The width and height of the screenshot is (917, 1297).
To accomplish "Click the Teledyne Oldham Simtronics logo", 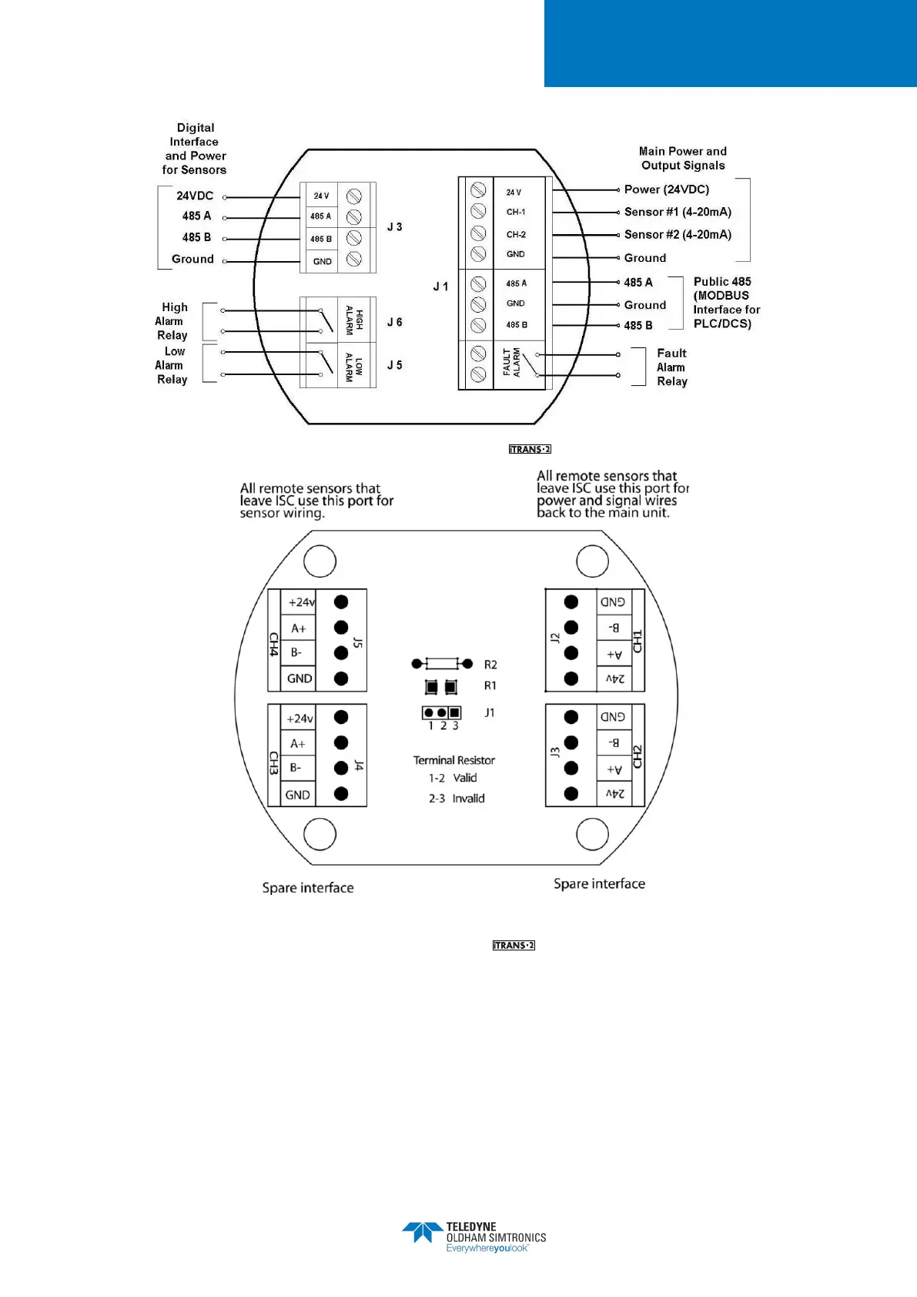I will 473,1237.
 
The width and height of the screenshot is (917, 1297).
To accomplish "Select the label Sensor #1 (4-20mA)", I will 678,212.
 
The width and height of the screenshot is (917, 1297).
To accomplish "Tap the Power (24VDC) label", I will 666,189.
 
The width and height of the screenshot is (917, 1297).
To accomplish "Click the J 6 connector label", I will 394,322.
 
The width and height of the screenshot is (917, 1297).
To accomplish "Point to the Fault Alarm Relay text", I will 671,367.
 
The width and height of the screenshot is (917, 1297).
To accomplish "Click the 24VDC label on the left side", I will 195,196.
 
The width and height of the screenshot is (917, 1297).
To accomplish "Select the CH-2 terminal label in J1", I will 516,234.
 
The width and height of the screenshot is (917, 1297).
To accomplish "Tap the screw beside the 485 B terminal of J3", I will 354,238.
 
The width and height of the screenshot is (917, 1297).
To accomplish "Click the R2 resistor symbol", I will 443,664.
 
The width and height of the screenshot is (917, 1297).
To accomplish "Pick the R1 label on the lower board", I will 490,685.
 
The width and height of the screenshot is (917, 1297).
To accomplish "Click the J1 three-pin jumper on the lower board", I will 442,713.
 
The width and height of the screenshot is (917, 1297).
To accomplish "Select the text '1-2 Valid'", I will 453,778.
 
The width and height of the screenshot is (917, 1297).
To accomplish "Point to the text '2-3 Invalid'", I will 457,799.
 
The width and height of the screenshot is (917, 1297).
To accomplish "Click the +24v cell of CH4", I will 300,602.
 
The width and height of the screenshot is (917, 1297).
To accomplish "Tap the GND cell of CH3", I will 297,795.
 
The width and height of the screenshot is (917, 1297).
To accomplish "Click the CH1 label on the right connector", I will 638,641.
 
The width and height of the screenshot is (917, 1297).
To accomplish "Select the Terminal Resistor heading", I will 454,760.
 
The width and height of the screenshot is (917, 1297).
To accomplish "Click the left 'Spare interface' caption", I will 308,888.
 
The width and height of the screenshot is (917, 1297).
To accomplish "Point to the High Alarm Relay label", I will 172,321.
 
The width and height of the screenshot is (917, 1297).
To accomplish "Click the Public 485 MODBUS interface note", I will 725,303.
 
